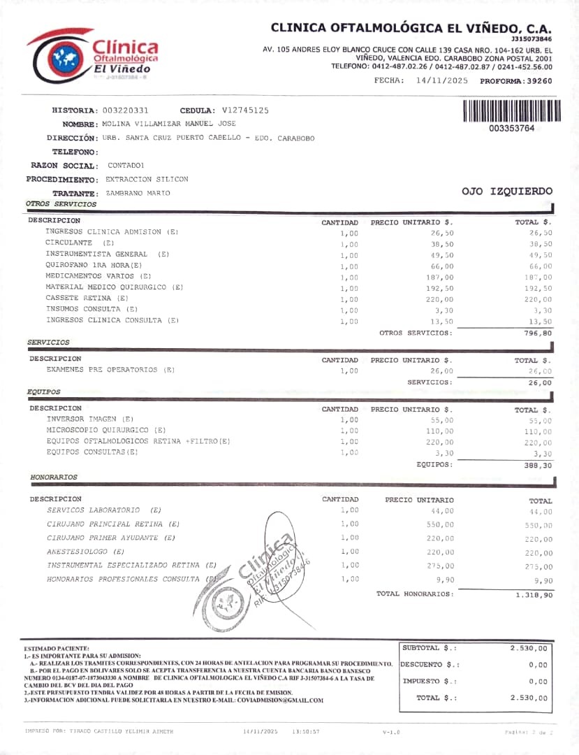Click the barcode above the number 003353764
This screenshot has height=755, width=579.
[511, 111]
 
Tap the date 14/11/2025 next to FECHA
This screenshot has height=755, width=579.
[441, 81]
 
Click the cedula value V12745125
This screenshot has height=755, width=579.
[245, 110]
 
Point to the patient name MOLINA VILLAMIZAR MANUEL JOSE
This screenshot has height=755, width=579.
[169, 124]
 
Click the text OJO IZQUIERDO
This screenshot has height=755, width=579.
[507, 192]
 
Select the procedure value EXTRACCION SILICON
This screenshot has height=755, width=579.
[147, 179]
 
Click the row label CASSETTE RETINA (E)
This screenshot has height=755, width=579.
[87, 298]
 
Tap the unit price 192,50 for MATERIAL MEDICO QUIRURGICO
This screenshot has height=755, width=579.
[440, 288]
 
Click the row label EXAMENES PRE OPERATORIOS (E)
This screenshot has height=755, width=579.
[110, 370]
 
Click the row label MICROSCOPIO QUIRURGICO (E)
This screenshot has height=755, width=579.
[106, 430]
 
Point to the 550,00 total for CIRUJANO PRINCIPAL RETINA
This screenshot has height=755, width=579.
[538, 526]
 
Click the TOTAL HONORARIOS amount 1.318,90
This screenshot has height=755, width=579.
[534, 594]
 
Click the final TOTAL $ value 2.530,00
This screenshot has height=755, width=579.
[529, 698]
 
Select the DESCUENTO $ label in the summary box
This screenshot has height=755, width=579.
[430, 665]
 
